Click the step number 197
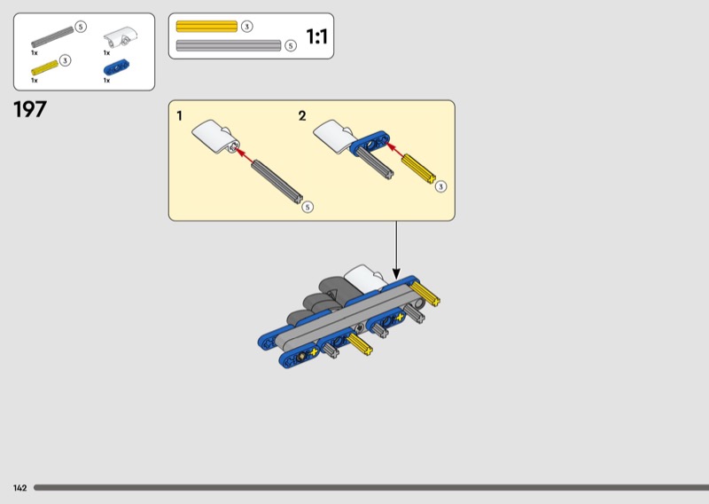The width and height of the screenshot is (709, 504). (x=30, y=110)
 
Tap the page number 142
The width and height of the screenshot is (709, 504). (x=19, y=488)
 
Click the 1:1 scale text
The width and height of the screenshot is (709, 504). (x=316, y=36)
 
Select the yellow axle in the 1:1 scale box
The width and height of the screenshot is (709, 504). (x=206, y=27)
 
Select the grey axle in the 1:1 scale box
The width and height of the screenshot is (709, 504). (x=229, y=45)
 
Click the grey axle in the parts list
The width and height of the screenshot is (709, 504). (x=52, y=37)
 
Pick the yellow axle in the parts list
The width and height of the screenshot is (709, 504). (x=45, y=68)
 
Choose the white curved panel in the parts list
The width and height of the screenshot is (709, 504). (x=121, y=36)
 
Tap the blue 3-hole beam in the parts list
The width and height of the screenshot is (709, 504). (x=116, y=67)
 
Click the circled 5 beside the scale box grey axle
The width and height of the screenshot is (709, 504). (x=291, y=46)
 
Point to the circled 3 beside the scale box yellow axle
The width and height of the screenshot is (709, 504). (x=246, y=27)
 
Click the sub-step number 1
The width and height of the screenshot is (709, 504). (x=180, y=116)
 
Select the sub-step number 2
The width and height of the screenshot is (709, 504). (x=302, y=116)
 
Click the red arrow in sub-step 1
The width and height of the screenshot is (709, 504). (x=245, y=155)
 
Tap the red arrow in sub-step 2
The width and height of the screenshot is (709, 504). (x=394, y=151)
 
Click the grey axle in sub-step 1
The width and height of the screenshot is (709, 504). (x=277, y=181)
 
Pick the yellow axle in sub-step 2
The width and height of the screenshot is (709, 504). (x=419, y=169)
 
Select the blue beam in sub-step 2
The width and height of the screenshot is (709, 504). (x=370, y=143)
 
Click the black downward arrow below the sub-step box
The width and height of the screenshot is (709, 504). (x=396, y=250)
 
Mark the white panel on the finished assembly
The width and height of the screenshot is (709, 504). (x=365, y=277)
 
